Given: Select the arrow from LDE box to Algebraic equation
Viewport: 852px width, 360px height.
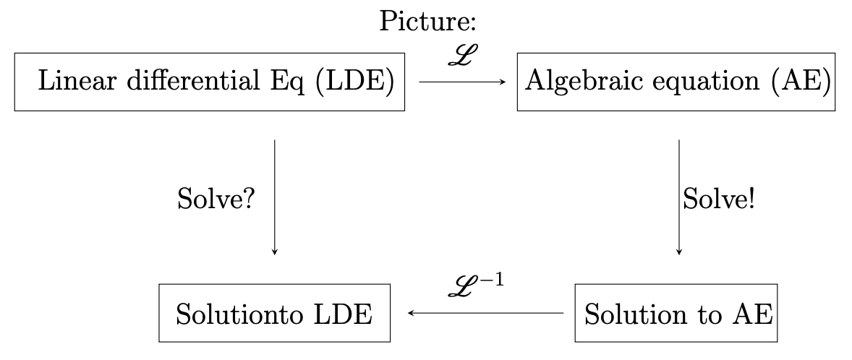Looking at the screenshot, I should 461,82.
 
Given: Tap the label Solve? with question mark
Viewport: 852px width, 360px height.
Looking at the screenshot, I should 215,198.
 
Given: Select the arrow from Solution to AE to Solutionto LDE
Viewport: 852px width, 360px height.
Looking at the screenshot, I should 485,314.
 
